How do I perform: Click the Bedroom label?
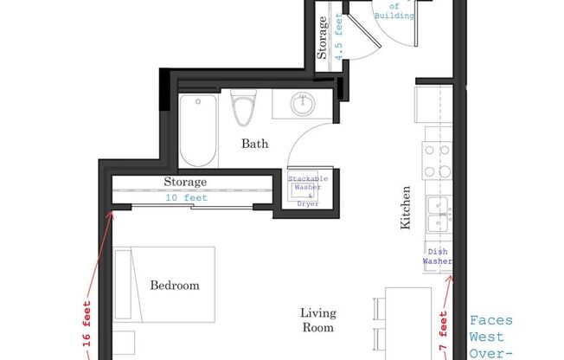[x=175, y=285]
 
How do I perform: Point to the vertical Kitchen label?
[x=405, y=208]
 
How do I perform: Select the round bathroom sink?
[x=302, y=106]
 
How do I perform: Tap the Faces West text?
[x=490, y=328]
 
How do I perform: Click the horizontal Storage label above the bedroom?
[x=185, y=183]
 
